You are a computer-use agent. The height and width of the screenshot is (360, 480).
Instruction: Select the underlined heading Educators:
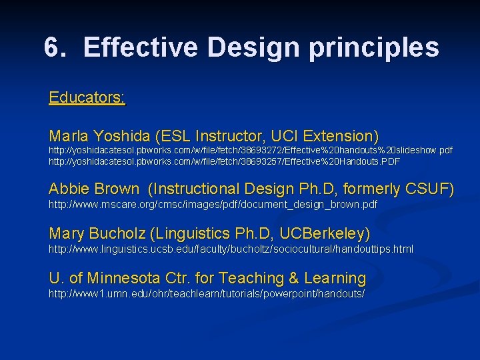pos(87,98)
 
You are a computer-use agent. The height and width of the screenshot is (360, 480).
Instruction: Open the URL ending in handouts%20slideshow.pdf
pos(250,151)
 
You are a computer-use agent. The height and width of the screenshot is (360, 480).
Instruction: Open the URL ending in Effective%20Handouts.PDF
pos(224,161)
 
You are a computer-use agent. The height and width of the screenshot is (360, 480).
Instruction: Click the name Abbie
pos(71,189)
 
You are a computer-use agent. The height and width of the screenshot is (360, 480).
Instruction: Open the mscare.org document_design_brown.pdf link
pos(213,204)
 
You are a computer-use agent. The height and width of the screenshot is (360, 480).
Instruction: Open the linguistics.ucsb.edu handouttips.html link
pos(231,249)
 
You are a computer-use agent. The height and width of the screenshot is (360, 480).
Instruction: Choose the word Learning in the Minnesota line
pos(335,278)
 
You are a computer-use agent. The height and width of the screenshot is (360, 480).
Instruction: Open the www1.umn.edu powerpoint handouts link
pos(207,293)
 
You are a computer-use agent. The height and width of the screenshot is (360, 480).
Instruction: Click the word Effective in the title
pos(141,47)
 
